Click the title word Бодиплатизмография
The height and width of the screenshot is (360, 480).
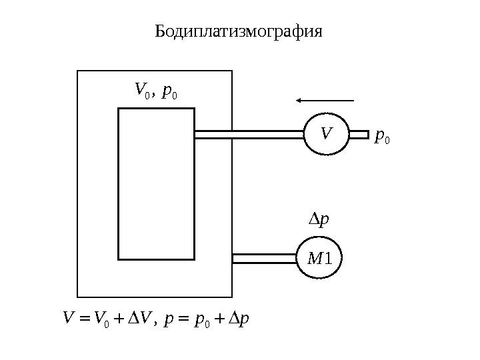[238, 31]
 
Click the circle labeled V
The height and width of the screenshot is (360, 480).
[326, 134]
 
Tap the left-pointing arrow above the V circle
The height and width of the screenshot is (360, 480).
[325, 101]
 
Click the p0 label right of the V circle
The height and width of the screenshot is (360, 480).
[382, 136]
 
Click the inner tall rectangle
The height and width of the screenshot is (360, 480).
[156, 183]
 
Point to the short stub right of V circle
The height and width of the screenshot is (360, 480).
[359, 134]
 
